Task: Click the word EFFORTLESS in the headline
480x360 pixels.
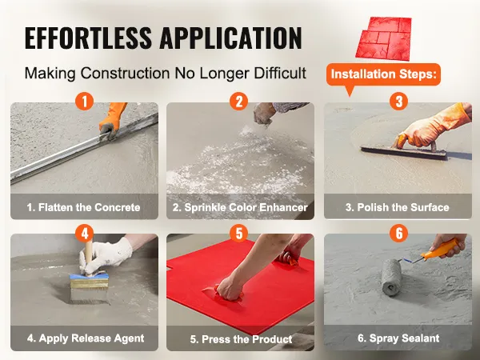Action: (x=88, y=38)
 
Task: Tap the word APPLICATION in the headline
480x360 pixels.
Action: (x=231, y=38)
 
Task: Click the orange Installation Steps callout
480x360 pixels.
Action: (x=383, y=75)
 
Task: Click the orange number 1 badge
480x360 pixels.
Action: (x=84, y=102)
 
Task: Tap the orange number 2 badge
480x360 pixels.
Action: (x=238, y=102)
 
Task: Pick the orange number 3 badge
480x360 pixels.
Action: (x=399, y=102)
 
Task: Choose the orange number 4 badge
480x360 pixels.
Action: (x=85, y=234)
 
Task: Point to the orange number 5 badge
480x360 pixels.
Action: (x=239, y=234)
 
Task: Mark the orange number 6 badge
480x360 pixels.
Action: (x=399, y=234)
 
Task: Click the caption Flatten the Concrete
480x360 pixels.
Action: (x=83, y=207)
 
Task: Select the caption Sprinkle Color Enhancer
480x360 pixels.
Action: (x=240, y=207)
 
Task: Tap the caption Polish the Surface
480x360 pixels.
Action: (x=398, y=207)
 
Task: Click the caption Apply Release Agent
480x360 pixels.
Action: (x=86, y=338)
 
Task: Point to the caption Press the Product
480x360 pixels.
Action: (x=241, y=339)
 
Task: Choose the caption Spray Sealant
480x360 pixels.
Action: (x=398, y=338)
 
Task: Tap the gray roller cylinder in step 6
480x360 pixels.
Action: (x=391, y=278)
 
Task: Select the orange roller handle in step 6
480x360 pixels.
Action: (x=439, y=249)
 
